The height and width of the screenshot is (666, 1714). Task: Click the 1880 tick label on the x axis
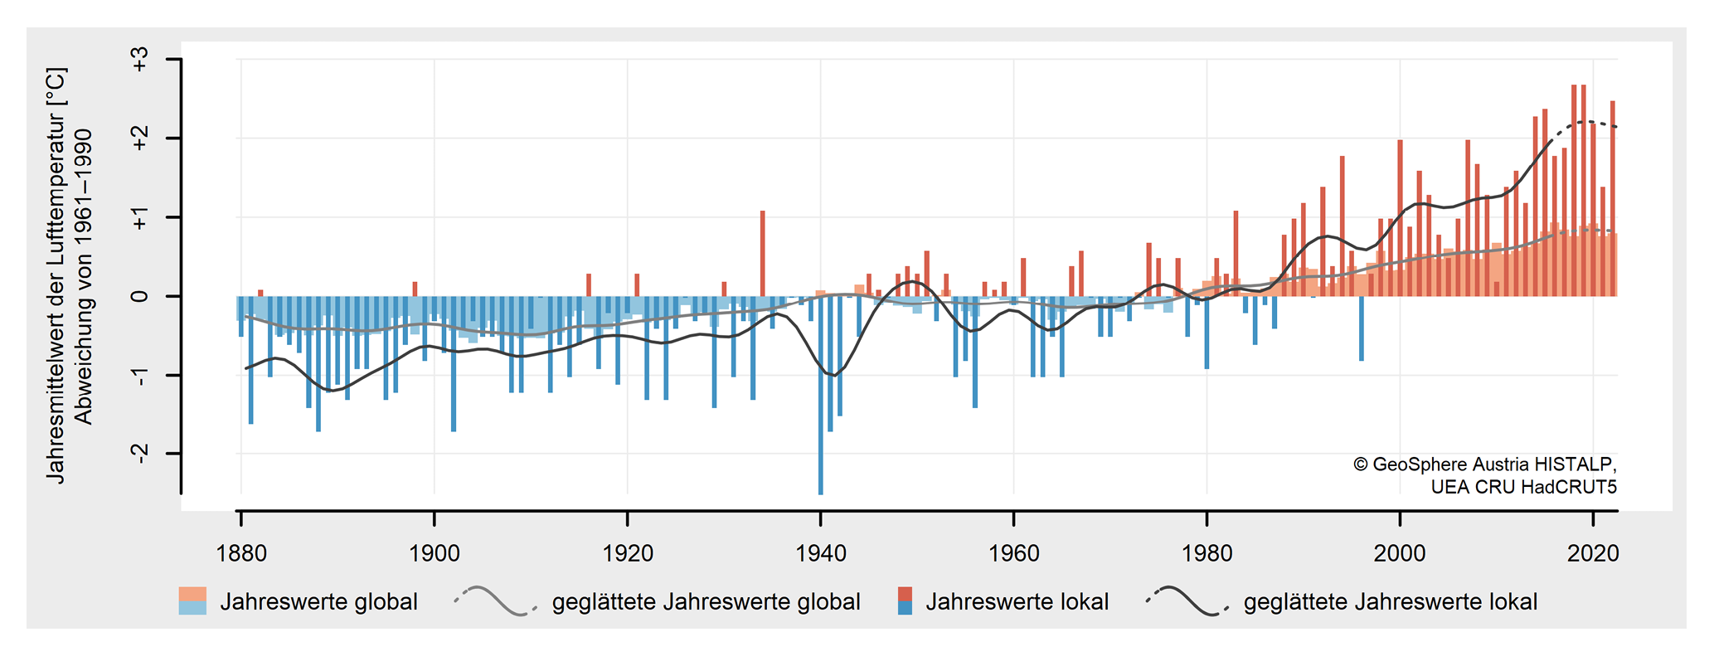tap(241, 553)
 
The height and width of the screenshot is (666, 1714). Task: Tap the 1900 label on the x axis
tap(435, 553)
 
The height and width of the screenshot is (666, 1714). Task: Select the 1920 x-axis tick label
tap(628, 553)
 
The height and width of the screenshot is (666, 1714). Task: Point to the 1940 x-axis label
tap(821, 553)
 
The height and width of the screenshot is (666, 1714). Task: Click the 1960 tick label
tap(1014, 553)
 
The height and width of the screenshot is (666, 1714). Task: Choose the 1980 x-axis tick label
tap(1207, 553)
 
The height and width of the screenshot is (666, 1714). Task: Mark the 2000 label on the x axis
tap(1400, 553)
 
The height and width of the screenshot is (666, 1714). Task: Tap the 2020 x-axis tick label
tap(1593, 553)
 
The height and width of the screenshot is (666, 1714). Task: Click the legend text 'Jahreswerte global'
tap(318, 602)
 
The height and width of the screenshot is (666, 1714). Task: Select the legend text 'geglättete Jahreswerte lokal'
tap(1390, 602)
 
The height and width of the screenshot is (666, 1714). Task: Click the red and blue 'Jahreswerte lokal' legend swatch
tap(905, 601)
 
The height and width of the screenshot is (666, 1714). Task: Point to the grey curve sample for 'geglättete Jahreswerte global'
tap(495, 601)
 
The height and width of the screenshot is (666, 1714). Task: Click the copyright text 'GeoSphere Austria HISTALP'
tap(1493, 464)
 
